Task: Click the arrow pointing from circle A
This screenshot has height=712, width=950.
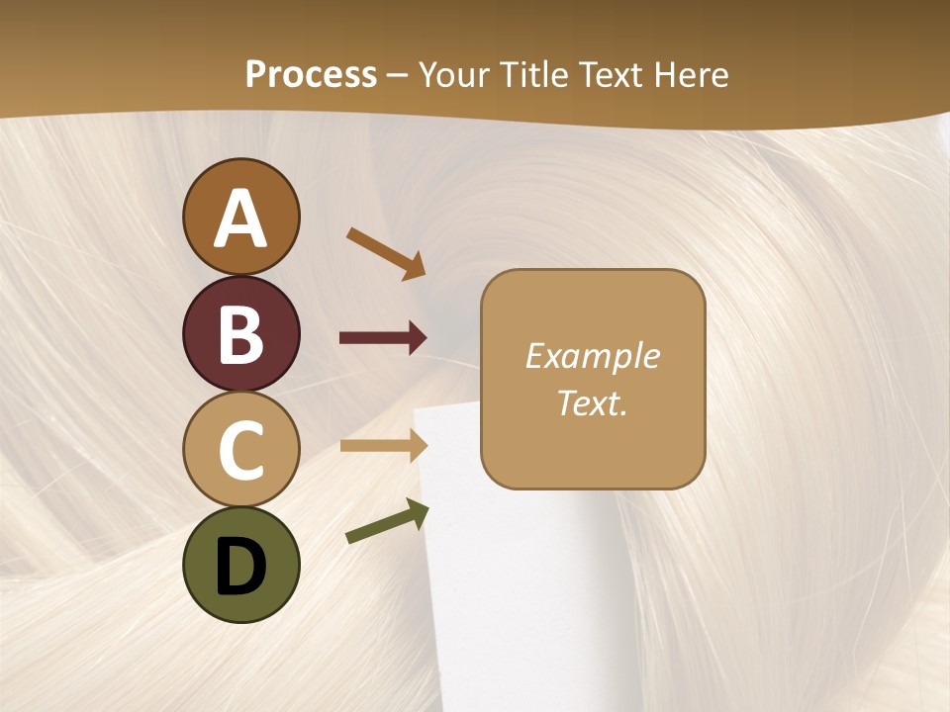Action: click(385, 253)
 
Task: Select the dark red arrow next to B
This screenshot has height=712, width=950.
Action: click(383, 338)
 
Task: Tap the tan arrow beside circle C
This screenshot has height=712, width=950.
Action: click(383, 446)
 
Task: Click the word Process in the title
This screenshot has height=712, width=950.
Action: click(311, 74)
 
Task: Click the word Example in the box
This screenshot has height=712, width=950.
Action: click(592, 356)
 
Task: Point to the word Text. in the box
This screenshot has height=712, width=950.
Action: click(592, 402)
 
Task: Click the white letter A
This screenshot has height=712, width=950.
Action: click(240, 220)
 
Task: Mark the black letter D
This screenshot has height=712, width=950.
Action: click(240, 567)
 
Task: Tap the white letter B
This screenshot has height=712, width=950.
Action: click(240, 335)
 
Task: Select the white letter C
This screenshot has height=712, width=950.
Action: click(240, 451)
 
